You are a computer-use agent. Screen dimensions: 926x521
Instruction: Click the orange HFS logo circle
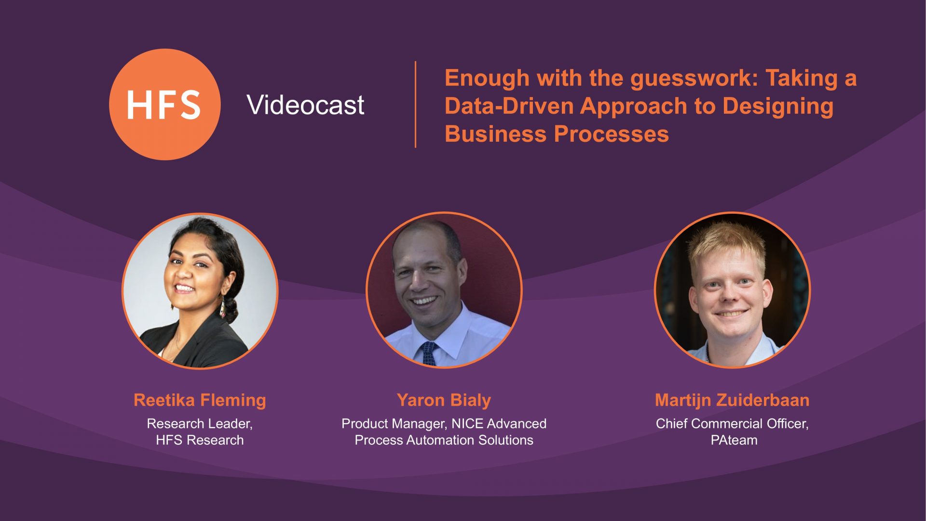(x=165, y=104)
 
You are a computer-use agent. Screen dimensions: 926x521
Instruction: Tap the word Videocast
(x=305, y=105)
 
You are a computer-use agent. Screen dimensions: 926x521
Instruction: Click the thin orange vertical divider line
(x=415, y=104)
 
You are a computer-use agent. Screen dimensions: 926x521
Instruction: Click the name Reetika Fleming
(x=200, y=400)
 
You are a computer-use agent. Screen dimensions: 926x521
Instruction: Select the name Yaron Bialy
(x=444, y=400)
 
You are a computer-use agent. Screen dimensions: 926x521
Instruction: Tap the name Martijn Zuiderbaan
(x=732, y=400)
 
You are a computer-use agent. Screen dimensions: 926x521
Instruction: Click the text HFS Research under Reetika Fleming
(x=200, y=440)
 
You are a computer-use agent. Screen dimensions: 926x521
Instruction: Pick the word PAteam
(x=734, y=440)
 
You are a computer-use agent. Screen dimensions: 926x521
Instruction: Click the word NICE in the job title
(x=467, y=424)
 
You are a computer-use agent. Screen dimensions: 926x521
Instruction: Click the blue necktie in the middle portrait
(x=428, y=354)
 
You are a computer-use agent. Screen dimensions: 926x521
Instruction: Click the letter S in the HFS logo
(x=191, y=105)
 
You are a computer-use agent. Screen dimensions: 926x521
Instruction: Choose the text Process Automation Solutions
(x=444, y=440)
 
